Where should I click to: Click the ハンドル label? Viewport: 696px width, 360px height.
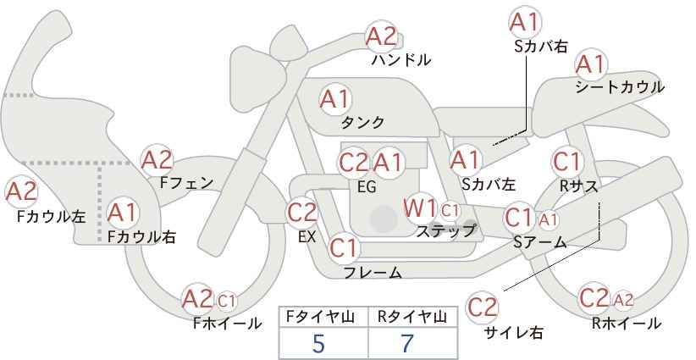(x=400, y=60)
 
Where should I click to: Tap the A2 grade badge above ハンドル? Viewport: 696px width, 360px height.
(x=381, y=36)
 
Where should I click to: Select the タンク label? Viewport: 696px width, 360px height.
(x=362, y=122)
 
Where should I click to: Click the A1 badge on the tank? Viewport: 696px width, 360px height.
(x=335, y=99)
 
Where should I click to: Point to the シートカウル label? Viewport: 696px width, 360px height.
(x=620, y=87)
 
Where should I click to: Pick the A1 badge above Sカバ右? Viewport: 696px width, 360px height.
(x=525, y=22)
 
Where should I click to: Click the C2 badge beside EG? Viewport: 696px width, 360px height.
(x=354, y=163)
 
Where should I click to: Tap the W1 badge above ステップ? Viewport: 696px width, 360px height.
(x=420, y=209)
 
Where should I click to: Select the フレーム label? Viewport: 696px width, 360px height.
(x=373, y=272)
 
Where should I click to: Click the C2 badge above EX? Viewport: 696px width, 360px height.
(x=301, y=213)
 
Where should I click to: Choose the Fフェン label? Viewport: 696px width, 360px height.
(x=186, y=183)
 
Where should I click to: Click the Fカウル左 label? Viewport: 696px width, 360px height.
(x=51, y=216)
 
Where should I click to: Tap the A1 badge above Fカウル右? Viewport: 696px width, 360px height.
(x=123, y=213)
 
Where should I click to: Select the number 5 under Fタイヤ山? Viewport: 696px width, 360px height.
(x=318, y=343)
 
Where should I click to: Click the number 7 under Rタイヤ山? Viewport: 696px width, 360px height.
(x=407, y=343)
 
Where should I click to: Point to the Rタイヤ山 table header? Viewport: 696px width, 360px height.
(x=412, y=317)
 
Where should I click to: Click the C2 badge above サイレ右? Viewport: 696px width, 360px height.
(x=482, y=307)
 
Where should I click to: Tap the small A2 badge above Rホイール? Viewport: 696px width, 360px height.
(x=623, y=301)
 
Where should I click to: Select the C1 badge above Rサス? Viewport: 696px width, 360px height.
(x=566, y=162)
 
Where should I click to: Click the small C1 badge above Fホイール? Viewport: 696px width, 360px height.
(x=226, y=301)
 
